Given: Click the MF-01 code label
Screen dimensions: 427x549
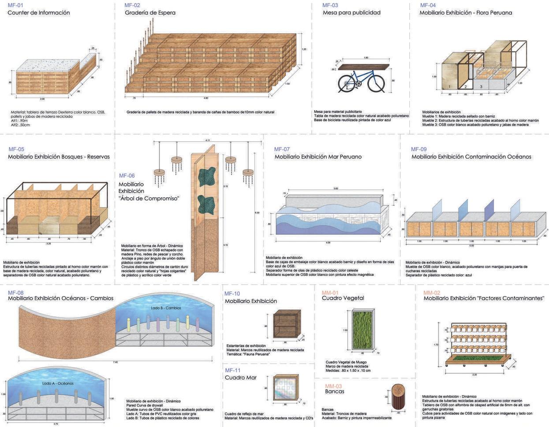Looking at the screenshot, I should (15, 6).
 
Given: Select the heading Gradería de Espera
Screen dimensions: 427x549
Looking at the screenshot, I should (150, 13).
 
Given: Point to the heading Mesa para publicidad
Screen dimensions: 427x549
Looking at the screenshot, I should (351, 13).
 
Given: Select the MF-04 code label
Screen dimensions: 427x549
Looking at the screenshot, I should (428, 5).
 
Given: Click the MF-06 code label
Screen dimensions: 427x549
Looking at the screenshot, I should (127, 176).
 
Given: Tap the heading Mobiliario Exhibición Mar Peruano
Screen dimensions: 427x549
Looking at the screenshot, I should (318, 157).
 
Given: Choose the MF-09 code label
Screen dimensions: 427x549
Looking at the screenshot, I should (419, 149).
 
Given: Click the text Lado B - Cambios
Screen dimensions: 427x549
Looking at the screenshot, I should (166, 308).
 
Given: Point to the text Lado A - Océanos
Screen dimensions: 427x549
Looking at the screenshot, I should (58, 383).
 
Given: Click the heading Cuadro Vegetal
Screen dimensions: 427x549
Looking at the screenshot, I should (343, 298).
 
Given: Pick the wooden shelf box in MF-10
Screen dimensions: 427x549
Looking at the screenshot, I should (286, 324).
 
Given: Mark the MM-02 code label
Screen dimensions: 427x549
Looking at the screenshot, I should (432, 293).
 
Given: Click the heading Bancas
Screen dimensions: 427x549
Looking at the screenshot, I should (335, 392).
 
